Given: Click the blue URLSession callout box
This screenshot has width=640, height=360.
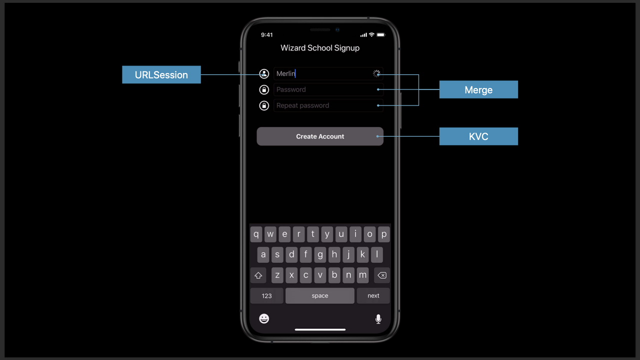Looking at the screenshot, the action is click(161, 75).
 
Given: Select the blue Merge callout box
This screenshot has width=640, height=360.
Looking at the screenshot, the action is click(478, 90).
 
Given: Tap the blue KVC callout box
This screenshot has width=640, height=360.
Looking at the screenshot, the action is click(478, 136).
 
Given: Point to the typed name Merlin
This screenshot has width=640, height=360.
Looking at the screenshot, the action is click(286, 73).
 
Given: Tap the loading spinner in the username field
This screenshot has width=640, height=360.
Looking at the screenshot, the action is click(376, 73).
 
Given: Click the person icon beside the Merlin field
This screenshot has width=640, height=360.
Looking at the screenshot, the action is click(264, 74).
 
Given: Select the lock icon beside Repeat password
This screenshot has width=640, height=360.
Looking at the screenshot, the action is click(264, 105).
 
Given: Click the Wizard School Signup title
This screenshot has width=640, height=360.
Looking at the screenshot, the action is click(320, 48).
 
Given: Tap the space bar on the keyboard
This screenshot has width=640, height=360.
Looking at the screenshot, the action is click(320, 295).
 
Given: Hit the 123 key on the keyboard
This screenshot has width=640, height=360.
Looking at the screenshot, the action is click(267, 295).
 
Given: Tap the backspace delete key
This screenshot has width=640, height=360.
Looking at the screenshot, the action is click(381, 275).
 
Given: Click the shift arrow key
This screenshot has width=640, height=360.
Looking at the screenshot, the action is click(258, 275).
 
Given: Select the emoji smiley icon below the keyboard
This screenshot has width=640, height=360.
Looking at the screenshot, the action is click(264, 318).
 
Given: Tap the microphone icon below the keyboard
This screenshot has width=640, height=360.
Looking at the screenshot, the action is click(378, 319).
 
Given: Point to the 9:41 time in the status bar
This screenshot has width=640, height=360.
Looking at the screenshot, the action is click(267, 35).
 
